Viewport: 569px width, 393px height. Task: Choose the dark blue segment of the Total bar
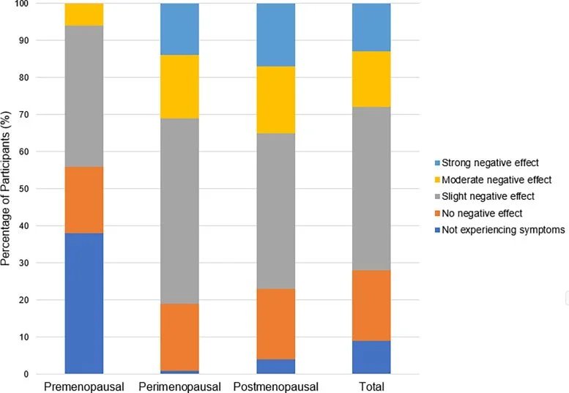371,357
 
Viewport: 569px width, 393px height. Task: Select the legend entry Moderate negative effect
490,179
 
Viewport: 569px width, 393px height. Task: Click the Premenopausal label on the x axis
83,386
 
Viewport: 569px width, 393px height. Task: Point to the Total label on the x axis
371,386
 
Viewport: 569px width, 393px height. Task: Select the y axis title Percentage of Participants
7,190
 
